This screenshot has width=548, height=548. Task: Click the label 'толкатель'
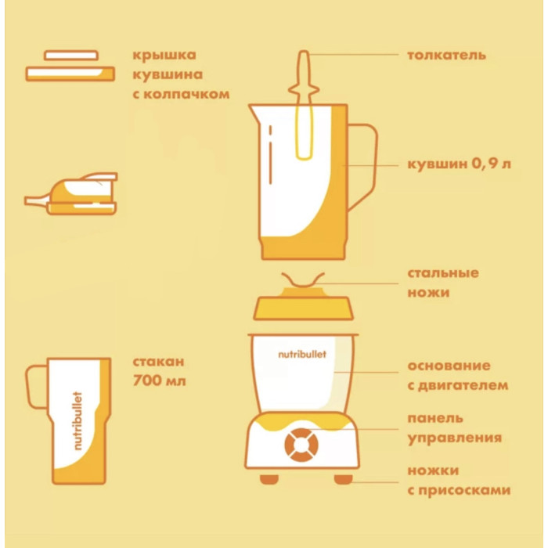pos(446,56)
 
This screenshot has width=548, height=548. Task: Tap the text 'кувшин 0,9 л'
pos(459,164)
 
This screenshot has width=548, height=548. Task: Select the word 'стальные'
pos(443,273)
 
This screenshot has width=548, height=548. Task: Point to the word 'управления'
pos(455,438)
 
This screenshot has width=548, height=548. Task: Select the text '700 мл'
pos(159,380)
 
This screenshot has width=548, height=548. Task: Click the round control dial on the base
pos(301,445)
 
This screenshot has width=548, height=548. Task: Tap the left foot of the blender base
pos(269,479)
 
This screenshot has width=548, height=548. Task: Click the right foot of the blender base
pos(343,479)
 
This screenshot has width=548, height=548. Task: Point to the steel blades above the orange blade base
pos(303,280)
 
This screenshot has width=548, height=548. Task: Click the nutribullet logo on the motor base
pos(302,355)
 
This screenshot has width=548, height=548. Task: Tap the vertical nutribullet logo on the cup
pos(78,421)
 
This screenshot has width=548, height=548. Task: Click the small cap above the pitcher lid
pos(71,56)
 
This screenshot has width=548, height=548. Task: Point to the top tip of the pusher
pos(304,52)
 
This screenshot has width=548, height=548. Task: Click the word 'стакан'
pos(158,362)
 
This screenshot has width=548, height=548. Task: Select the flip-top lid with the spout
pos(72,193)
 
